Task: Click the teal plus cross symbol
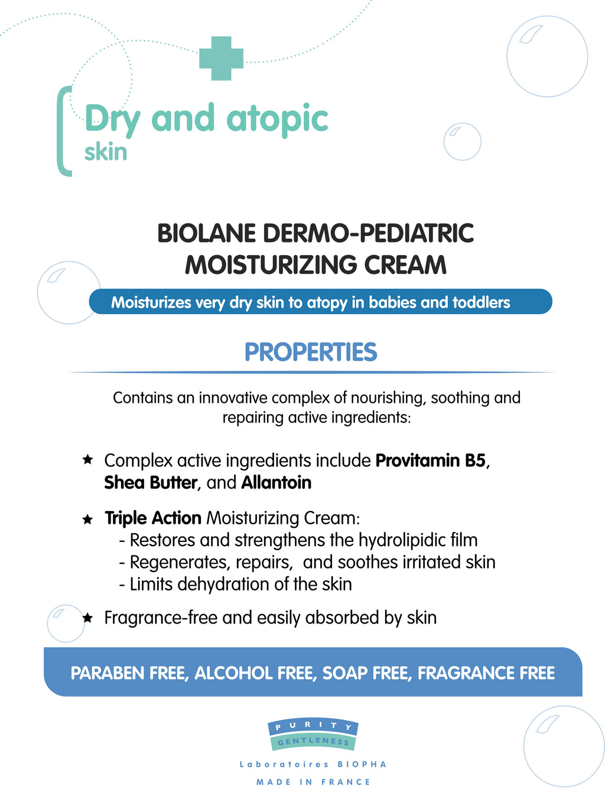point(221,58)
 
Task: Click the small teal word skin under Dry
point(106,151)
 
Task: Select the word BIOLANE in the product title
point(207,233)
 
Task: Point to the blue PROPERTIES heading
point(311,352)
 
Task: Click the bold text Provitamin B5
point(430,460)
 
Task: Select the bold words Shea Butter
point(151,482)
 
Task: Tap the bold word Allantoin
point(277,482)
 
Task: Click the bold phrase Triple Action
point(153,518)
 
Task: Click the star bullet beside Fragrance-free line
point(87,618)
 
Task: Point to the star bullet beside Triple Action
point(87,519)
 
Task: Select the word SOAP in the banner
point(344,673)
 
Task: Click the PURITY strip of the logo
point(313,726)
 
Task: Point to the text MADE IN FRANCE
point(313,782)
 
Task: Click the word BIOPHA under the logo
point(362,764)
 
